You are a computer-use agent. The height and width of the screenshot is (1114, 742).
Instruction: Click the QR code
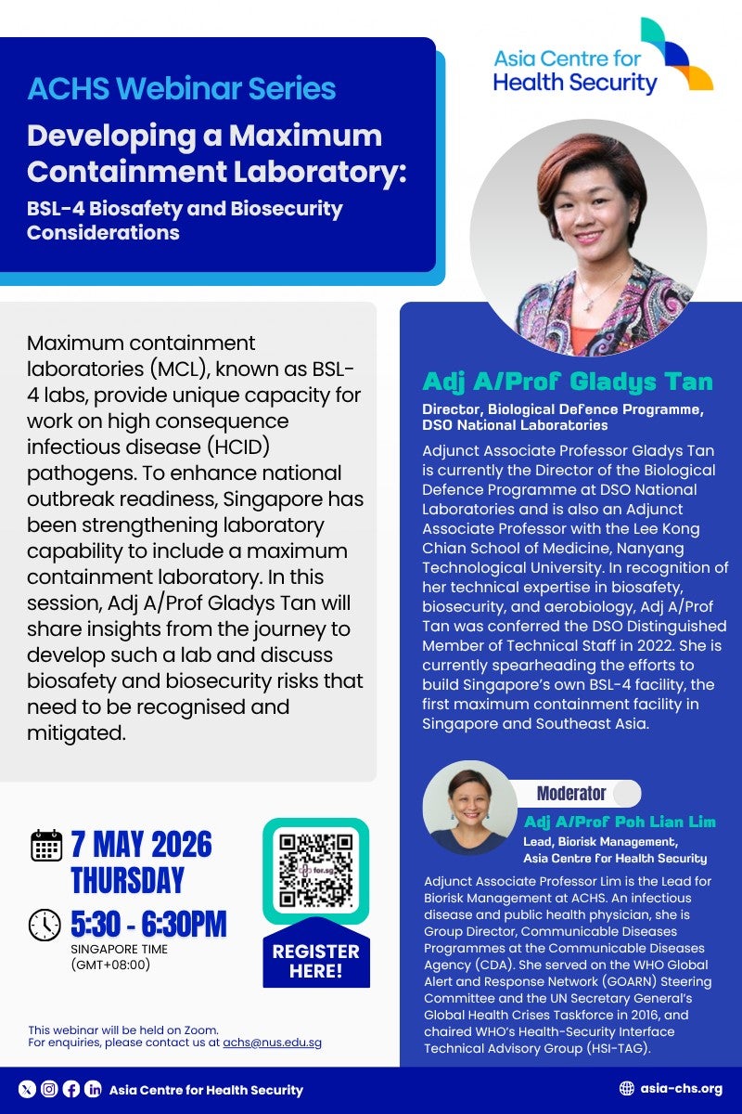point(316,871)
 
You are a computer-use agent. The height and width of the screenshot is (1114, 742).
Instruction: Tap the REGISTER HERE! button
point(315,961)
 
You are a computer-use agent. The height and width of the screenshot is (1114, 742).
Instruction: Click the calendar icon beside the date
point(46,846)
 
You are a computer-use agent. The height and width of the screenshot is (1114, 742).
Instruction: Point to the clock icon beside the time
point(45,925)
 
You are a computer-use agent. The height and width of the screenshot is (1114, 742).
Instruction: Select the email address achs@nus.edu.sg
point(273,1043)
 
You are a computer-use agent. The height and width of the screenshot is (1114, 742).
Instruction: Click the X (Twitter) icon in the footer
point(27,1090)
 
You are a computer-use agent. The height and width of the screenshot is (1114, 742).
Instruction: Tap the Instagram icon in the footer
point(49,1090)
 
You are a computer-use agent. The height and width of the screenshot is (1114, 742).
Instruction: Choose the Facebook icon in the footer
point(71,1090)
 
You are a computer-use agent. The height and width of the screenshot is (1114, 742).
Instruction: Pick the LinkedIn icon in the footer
point(93,1090)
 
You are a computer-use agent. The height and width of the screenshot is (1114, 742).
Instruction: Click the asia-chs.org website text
point(682,1089)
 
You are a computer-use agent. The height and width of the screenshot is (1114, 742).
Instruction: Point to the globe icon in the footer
point(626,1089)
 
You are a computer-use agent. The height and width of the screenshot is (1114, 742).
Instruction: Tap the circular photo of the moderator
point(469,807)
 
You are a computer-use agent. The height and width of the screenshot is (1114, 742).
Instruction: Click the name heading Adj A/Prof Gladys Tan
point(568,382)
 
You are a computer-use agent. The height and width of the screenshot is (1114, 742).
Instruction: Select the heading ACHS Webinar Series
point(182,89)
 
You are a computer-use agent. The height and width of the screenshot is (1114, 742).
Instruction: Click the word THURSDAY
point(128,879)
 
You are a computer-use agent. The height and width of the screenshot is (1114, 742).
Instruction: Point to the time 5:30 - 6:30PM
point(148,925)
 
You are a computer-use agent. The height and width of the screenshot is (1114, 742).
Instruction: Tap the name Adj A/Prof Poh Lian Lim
point(620,823)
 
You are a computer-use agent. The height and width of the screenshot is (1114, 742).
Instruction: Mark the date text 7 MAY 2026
point(141,845)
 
